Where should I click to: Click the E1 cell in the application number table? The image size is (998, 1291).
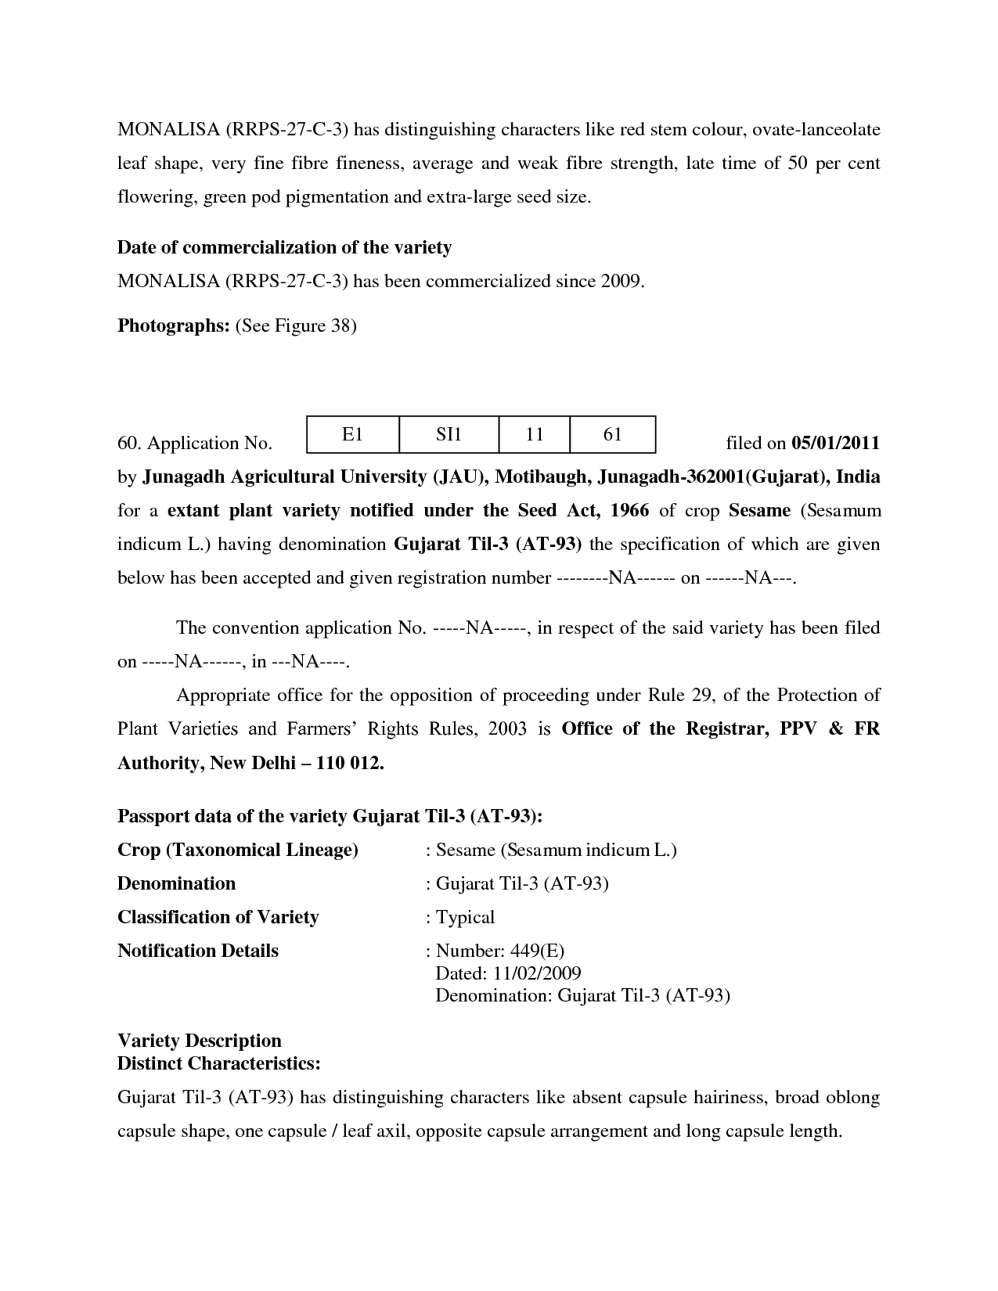click(353, 434)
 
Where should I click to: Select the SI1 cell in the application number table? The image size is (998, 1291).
click(449, 434)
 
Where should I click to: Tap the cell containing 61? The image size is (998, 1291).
click(612, 434)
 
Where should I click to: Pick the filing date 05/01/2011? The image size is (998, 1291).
click(835, 444)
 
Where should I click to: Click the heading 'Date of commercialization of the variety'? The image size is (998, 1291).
click(284, 248)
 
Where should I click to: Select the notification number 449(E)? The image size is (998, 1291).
click(537, 951)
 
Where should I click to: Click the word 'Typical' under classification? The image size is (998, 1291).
click(465, 918)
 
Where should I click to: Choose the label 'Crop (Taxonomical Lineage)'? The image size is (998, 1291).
click(238, 850)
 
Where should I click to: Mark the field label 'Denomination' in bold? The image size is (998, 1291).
click(176, 884)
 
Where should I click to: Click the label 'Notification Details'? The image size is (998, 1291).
click(198, 951)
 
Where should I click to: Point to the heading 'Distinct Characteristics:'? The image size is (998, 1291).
click(219, 1064)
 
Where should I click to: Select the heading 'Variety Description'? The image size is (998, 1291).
click(199, 1041)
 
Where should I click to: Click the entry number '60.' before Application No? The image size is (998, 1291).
click(129, 444)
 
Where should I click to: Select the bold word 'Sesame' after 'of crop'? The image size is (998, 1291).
click(759, 511)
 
